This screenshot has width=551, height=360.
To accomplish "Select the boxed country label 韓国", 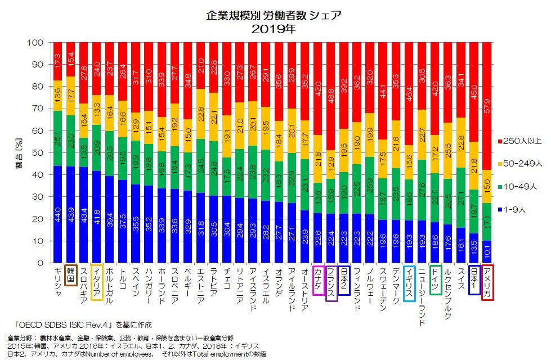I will (x=71, y=274).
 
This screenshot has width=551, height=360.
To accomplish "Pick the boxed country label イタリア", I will (x=97, y=282).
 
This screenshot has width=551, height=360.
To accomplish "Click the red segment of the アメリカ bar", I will (x=487, y=106).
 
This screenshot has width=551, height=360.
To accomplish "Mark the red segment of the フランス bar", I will (x=332, y=96).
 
